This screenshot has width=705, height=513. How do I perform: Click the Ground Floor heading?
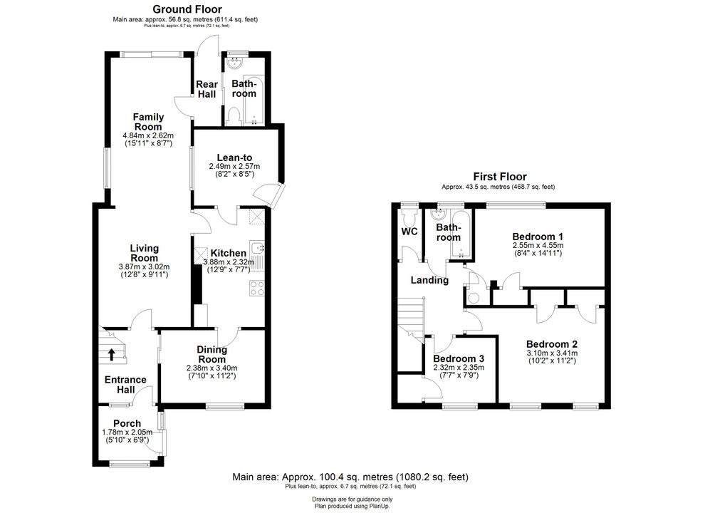pyautogui.click(x=187, y=9)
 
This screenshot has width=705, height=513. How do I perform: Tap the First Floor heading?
pyautogui.click(x=499, y=177)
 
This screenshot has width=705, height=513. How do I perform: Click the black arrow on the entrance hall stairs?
pyautogui.click(x=111, y=355)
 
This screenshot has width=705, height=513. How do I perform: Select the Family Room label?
pyautogui.click(x=148, y=122)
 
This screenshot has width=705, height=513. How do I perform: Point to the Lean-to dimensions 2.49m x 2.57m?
pyautogui.click(x=234, y=167)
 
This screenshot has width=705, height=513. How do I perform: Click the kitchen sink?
pyautogui.click(x=258, y=247)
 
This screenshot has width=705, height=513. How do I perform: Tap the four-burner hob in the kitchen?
pyautogui.click(x=257, y=288)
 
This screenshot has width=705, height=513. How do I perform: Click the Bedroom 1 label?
pyautogui.click(x=538, y=237)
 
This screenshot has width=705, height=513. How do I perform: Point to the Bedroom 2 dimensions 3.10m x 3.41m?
pyautogui.click(x=552, y=353)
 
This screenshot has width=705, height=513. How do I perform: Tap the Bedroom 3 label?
pyautogui.click(x=459, y=358)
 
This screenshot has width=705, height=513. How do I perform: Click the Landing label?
pyautogui.click(x=430, y=280)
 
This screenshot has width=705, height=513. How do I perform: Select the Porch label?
pyautogui.click(x=127, y=423)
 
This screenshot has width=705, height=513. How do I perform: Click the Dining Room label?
pyautogui.click(x=211, y=355)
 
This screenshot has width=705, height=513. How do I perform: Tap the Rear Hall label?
pyautogui.click(x=207, y=89)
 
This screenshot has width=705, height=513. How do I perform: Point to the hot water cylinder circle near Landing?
pyautogui.click(x=473, y=297)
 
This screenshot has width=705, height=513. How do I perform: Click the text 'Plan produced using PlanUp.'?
pyautogui.click(x=352, y=507)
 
